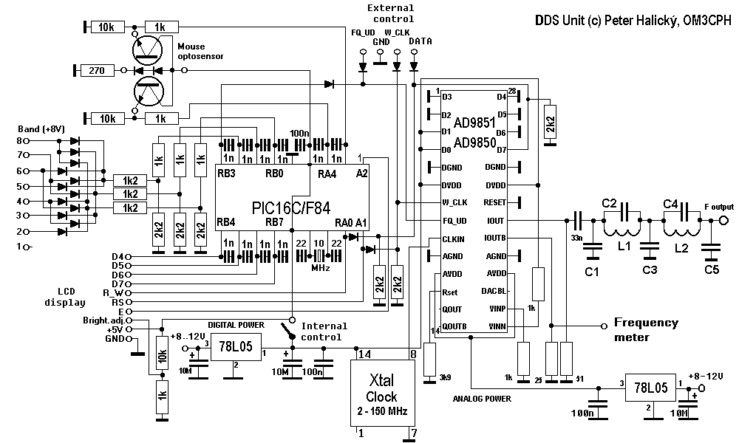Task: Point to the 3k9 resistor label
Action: pyautogui.click(x=445, y=377)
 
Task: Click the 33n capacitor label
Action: pyautogui.click(x=577, y=237)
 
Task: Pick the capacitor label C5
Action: pyautogui.click(x=711, y=269)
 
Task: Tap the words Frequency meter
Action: pyautogui.click(x=645, y=329)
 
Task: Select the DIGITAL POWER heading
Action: pyautogui.click(x=235, y=324)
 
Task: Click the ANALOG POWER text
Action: pyautogui.click(x=481, y=398)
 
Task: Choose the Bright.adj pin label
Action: pyautogui.click(x=106, y=320)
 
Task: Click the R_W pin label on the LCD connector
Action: pyautogui.click(x=113, y=292)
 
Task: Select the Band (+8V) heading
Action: pyautogui.click(x=38, y=128)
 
